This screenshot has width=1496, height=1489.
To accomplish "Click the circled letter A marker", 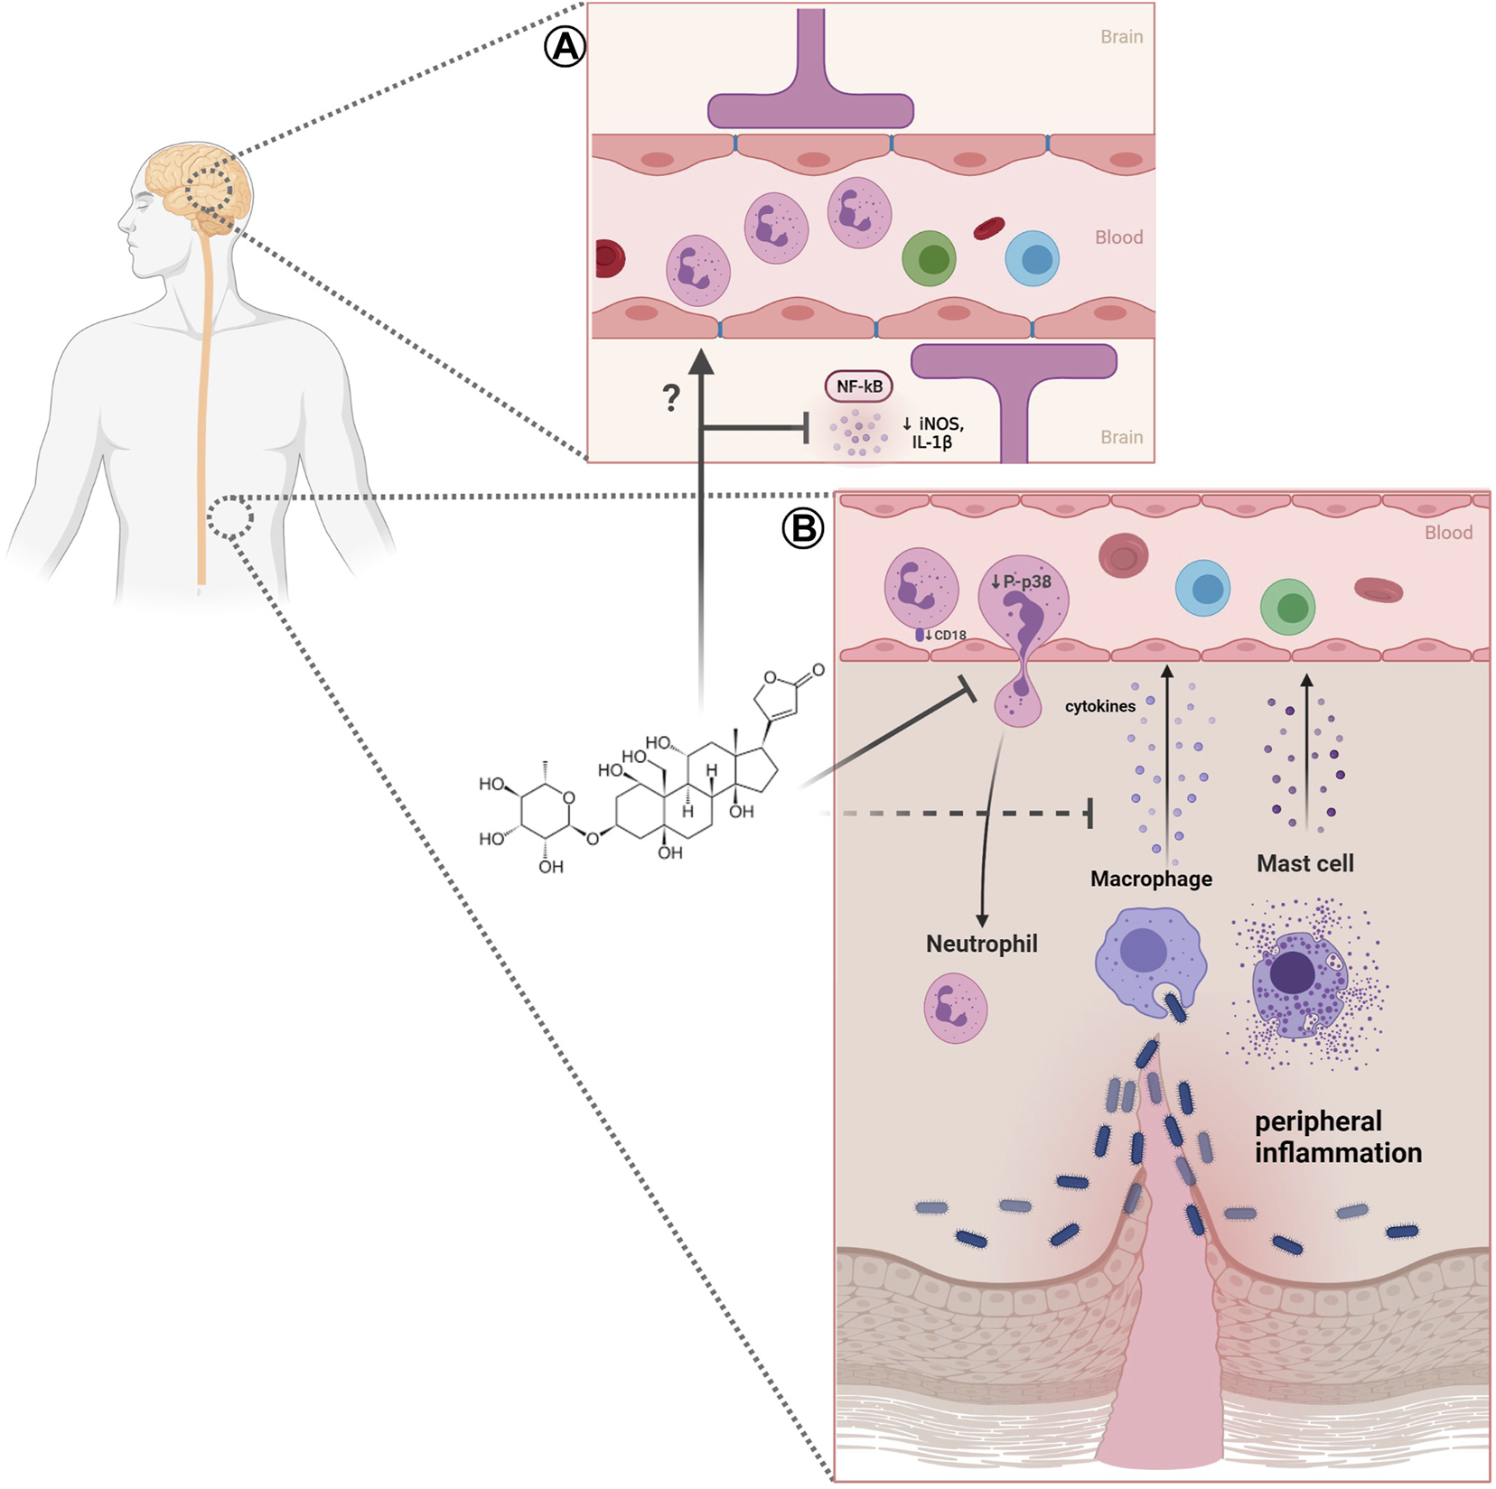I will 565,46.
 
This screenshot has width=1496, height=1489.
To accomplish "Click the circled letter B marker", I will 802,528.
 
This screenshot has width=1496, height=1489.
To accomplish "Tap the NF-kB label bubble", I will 858,386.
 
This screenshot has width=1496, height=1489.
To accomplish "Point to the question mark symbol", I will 670,397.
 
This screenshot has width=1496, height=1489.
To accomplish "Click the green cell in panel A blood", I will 930,258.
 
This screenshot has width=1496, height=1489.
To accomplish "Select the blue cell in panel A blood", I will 1033,258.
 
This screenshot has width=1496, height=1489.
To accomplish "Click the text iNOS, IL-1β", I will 933,433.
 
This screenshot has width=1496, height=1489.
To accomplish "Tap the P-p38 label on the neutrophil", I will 1022,582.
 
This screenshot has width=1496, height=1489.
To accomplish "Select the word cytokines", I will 1099,706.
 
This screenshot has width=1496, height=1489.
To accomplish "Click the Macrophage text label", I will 1151,879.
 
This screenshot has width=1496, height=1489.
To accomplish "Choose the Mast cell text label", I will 1304,863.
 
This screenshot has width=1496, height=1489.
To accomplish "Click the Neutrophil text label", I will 981,944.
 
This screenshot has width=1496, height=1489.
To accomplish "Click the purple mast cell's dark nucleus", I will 1293,973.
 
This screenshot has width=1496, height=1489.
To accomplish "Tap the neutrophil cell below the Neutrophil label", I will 955,1008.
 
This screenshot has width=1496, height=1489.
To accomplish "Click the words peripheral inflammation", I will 1337,1137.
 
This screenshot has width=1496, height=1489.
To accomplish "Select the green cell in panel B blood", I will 1287,607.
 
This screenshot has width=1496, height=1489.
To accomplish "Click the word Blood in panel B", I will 1448,533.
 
